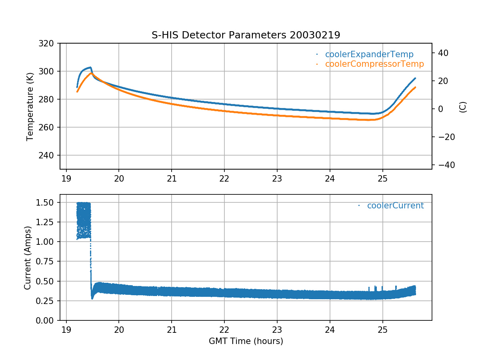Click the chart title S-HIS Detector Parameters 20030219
[246, 35]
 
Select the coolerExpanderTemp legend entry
[369, 54]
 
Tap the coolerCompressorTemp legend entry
[374, 64]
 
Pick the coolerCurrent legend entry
[395, 206]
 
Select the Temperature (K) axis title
[30, 106]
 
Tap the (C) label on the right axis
[463, 107]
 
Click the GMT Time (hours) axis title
[246, 341]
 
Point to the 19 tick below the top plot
[66, 178]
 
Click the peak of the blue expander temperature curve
[90, 67]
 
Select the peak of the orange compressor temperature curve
[92, 73]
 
